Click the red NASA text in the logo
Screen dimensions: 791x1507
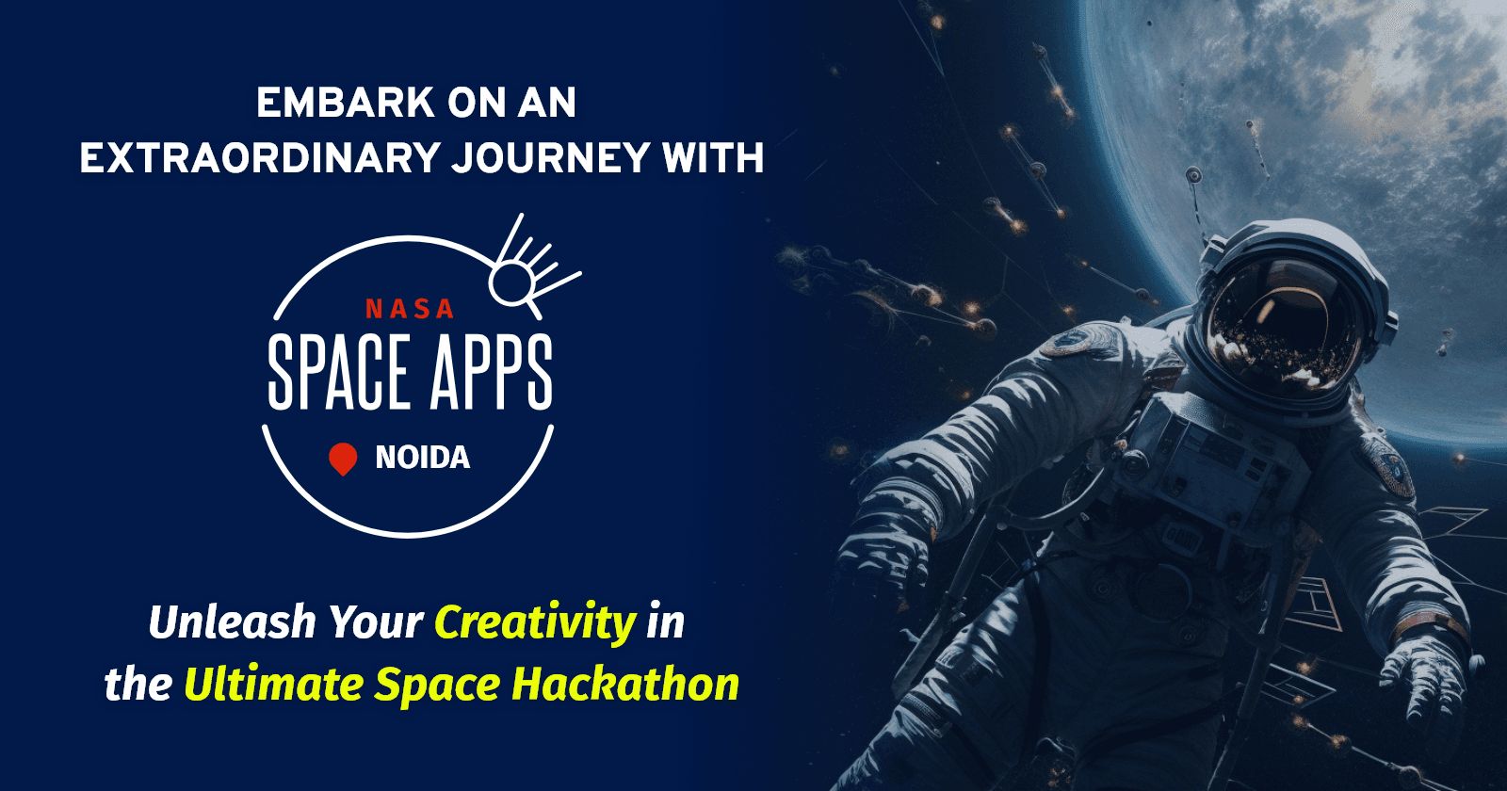[x=410, y=309]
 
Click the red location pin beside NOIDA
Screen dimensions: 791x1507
[x=343, y=459]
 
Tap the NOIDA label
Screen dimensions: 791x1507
[x=422, y=459]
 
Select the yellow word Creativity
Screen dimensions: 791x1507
[x=535, y=622]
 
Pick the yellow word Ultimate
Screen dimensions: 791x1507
[x=273, y=685]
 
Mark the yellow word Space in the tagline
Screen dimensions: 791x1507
[x=437, y=685]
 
